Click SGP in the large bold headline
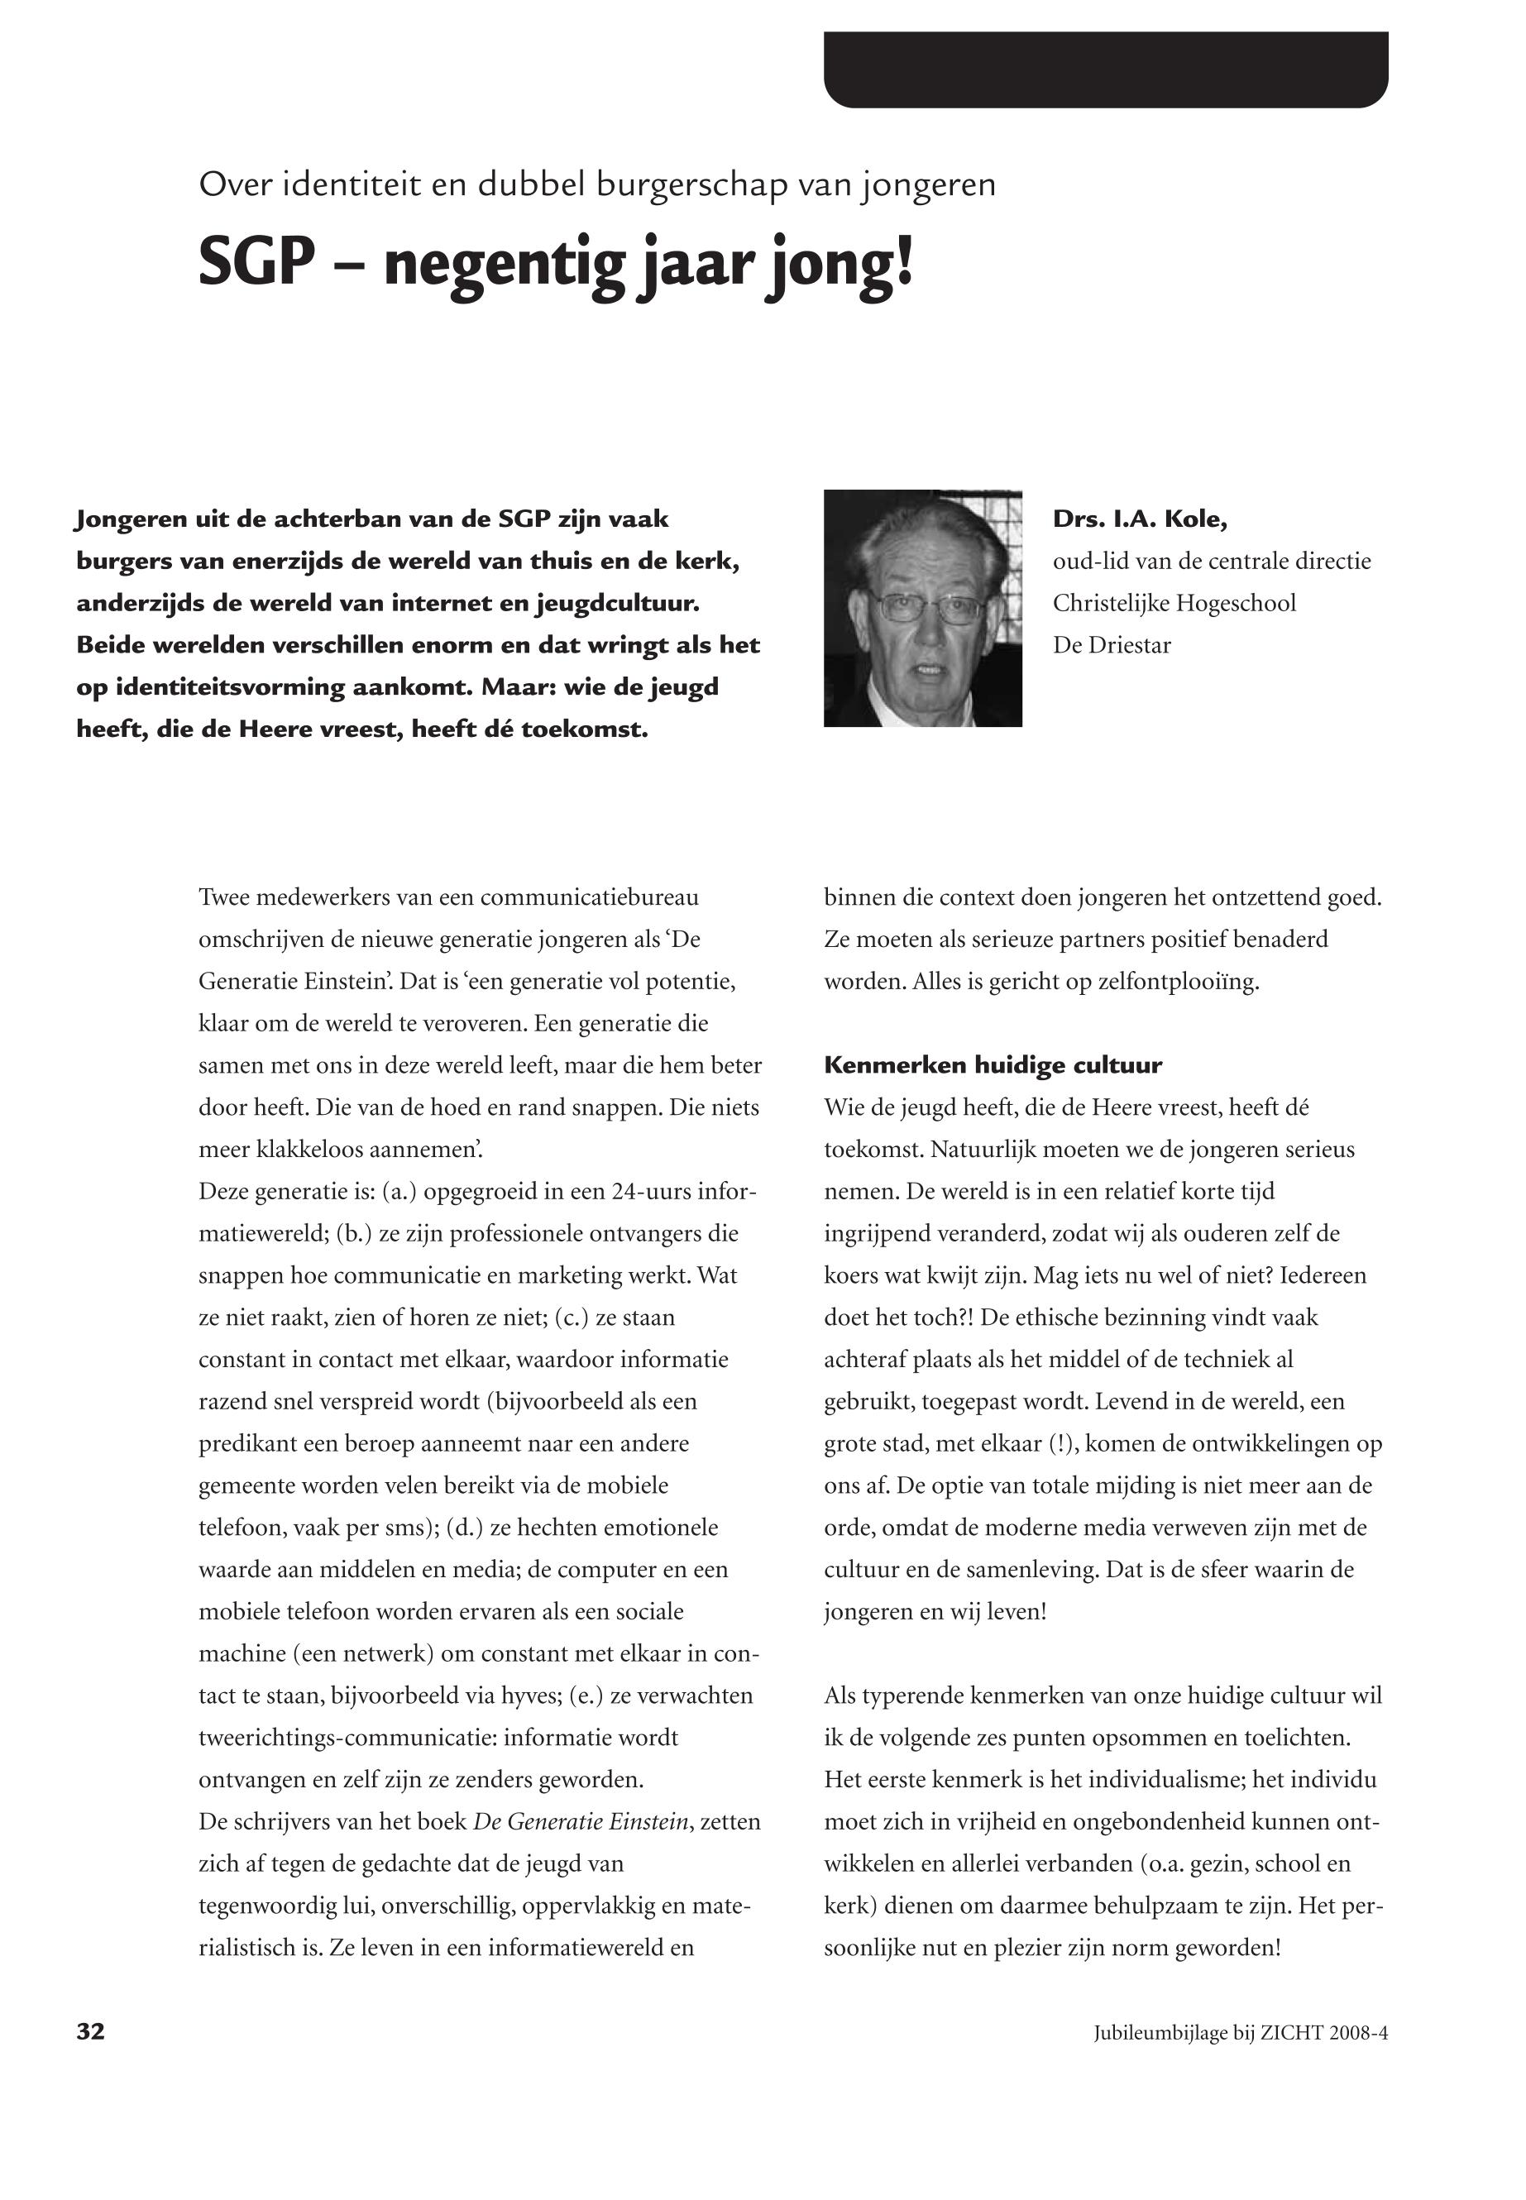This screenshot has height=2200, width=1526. click(x=256, y=263)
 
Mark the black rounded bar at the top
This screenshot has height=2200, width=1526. click(x=1105, y=69)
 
